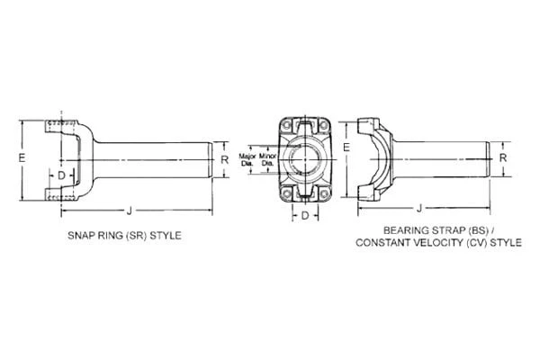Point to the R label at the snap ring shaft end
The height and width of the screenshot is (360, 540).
click(x=224, y=160)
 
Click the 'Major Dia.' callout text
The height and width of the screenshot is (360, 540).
click(x=247, y=159)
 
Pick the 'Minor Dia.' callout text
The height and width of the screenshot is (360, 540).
click(x=267, y=159)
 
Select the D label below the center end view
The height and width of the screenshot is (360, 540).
click(x=306, y=215)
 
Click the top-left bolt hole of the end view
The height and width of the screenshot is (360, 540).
click(x=287, y=126)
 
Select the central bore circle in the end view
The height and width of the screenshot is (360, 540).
click(x=305, y=158)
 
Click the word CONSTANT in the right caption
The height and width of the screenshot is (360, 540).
click(x=381, y=243)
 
